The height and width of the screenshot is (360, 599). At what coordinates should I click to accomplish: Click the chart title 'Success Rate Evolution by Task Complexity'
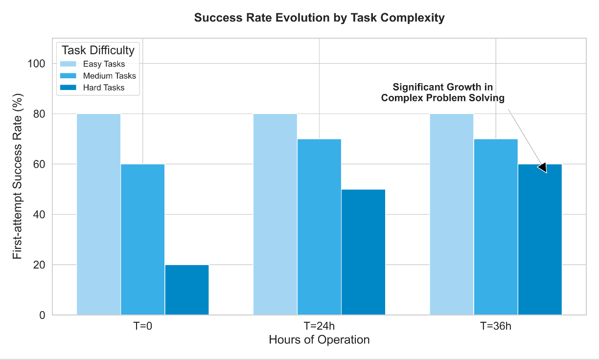[319, 18]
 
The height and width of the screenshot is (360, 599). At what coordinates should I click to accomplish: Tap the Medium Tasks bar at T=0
[143, 240]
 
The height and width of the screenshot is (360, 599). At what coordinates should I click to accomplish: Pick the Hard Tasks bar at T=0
[187, 290]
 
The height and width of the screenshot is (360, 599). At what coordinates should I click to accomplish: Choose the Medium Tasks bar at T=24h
[319, 227]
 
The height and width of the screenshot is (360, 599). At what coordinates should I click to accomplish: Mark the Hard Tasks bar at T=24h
[363, 252]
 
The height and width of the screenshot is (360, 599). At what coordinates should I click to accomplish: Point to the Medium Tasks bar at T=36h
[496, 227]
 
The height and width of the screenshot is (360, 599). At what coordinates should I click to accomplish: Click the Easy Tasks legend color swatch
[69, 64]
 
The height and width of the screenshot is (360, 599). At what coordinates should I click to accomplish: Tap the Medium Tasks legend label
[109, 76]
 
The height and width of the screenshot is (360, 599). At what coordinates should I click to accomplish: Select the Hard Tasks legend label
[104, 88]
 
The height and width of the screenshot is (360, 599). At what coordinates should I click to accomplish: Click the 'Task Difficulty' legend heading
[98, 50]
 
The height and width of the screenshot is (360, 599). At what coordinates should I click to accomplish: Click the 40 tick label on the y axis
[39, 215]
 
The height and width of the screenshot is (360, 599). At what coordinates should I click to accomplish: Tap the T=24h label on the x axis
[319, 326]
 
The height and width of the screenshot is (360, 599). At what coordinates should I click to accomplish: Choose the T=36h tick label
[496, 326]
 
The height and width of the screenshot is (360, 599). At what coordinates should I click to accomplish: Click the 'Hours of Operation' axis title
[319, 339]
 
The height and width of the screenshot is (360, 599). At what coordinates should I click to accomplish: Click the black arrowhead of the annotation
[542, 167]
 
